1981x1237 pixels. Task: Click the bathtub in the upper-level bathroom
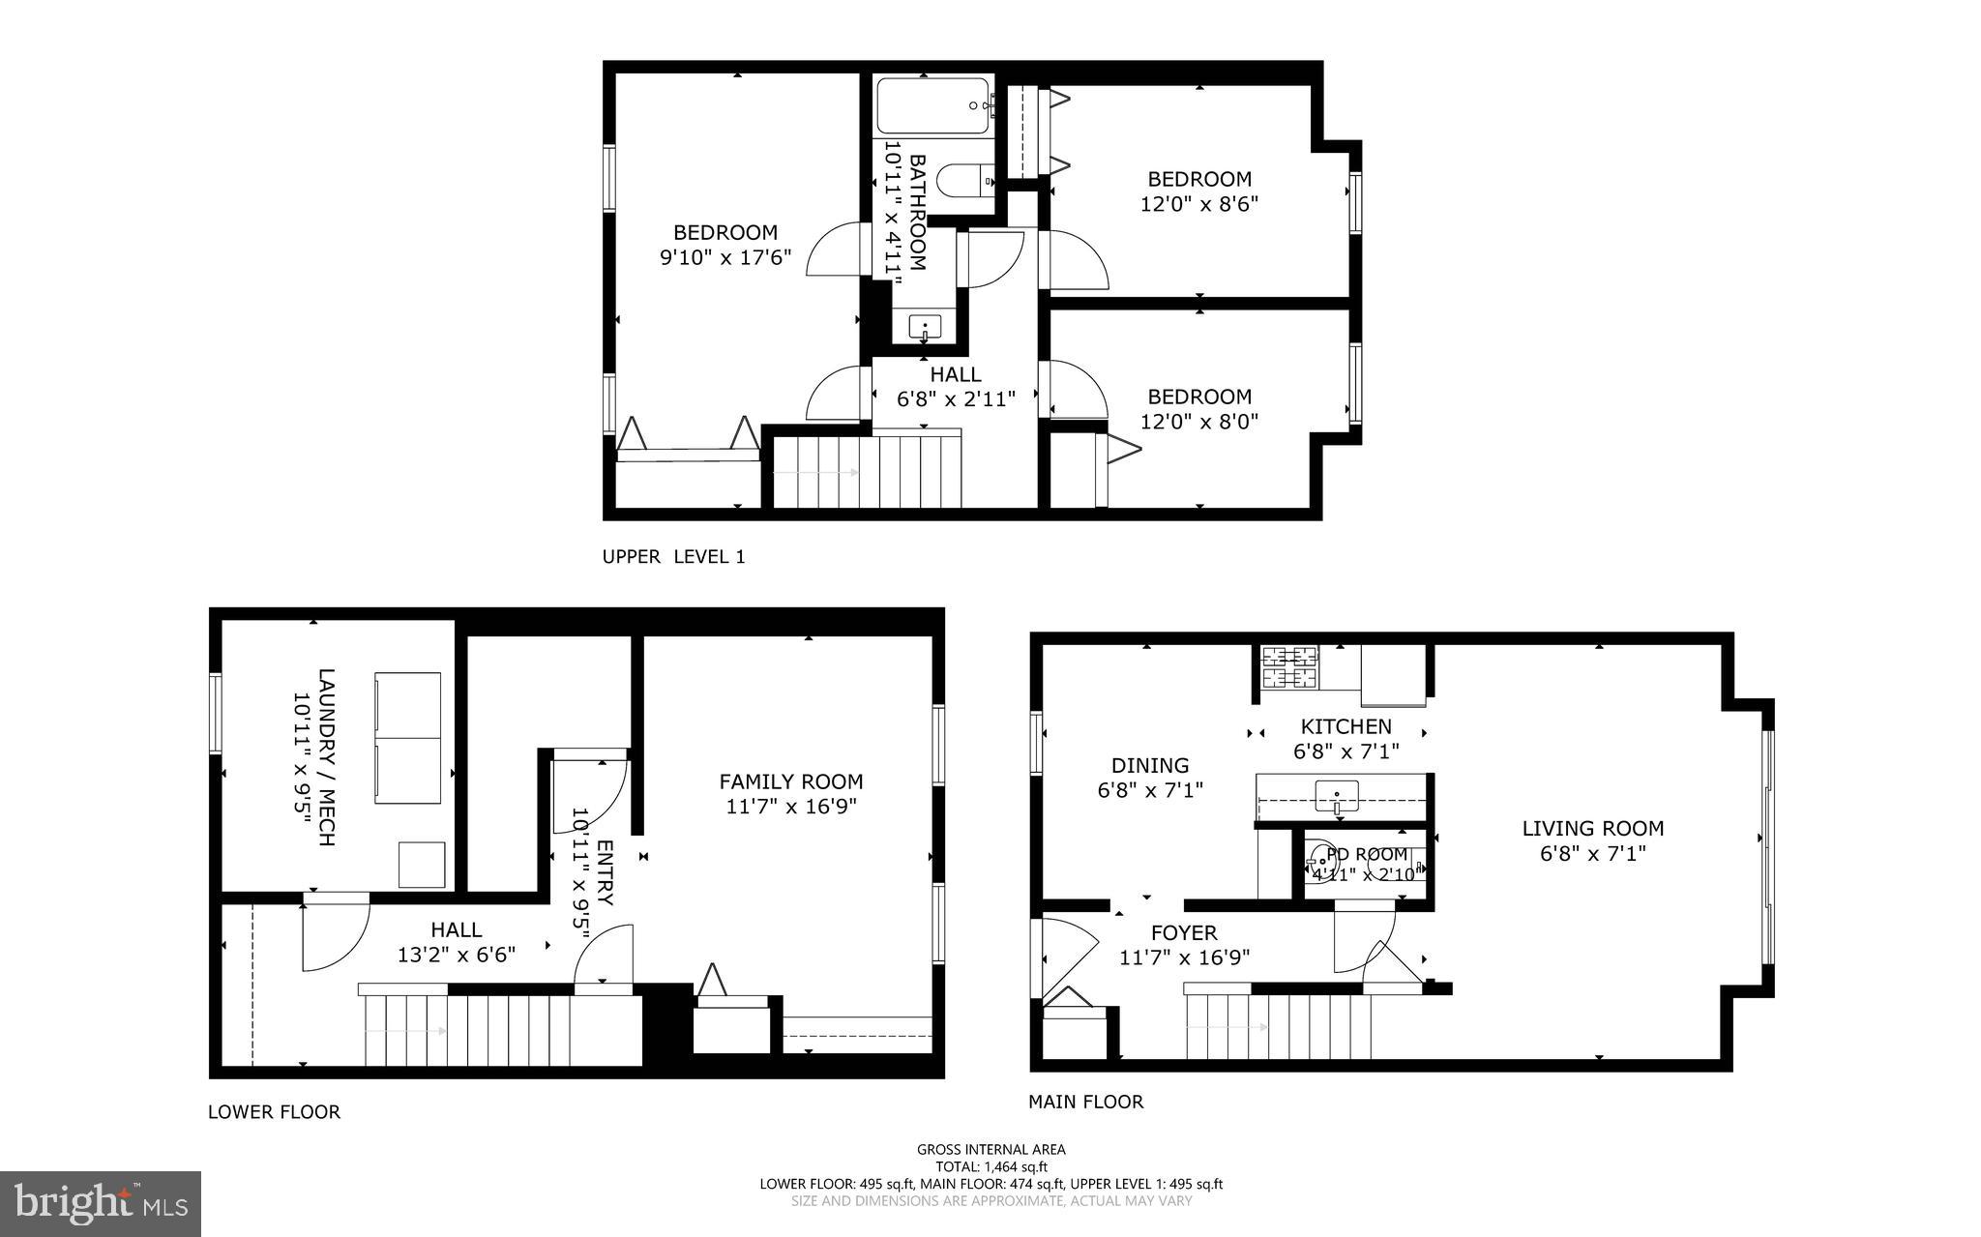(x=934, y=105)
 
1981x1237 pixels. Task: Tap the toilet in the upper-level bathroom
(x=967, y=180)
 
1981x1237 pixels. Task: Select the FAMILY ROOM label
(x=790, y=781)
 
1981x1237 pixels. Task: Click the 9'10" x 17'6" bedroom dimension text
(x=725, y=257)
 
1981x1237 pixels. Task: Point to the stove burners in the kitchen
(x=1290, y=666)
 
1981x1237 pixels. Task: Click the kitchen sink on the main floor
(x=1336, y=796)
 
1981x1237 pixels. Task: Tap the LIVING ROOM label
(x=1592, y=828)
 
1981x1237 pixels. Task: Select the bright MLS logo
(x=101, y=1202)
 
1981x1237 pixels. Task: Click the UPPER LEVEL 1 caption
(x=673, y=557)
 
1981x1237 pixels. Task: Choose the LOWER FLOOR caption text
(x=274, y=1112)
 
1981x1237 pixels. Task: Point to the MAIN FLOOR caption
(x=1085, y=1102)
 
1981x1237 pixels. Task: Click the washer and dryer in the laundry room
(x=407, y=737)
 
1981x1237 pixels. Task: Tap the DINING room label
(x=1149, y=766)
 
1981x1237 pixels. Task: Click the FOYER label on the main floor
(x=1183, y=933)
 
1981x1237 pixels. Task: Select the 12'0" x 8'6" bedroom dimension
(x=1199, y=204)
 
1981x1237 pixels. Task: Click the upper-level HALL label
(x=955, y=374)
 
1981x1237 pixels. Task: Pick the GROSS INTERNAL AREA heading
(x=990, y=1150)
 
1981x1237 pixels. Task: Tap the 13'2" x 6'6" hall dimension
(x=456, y=955)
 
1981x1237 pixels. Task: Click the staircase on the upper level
(x=867, y=472)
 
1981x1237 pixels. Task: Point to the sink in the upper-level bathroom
(x=926, y=326)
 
